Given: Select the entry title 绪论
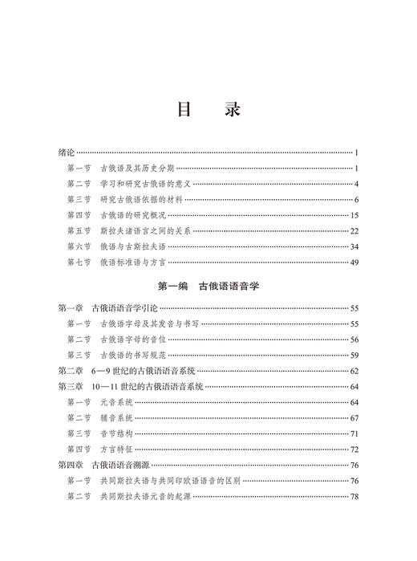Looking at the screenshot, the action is coord(67,152).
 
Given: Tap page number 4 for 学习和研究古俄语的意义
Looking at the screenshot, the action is coord(355,184).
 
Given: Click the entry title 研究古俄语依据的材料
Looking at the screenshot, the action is coord(143,200).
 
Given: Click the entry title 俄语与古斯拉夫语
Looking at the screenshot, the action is coord(132,246).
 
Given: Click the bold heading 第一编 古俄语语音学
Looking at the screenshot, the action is coord(208,286).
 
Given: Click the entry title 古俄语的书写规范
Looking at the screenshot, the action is coord(137,355).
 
